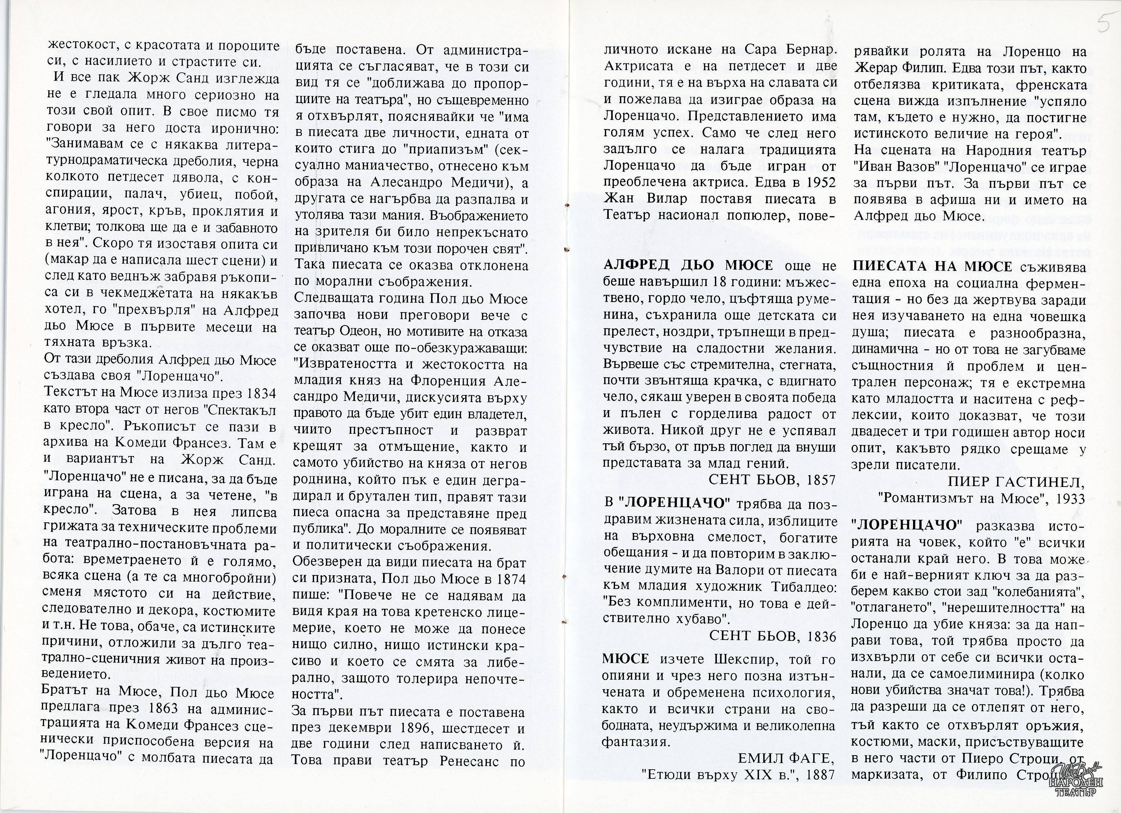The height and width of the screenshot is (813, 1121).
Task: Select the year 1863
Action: click(x=163, y=708)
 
